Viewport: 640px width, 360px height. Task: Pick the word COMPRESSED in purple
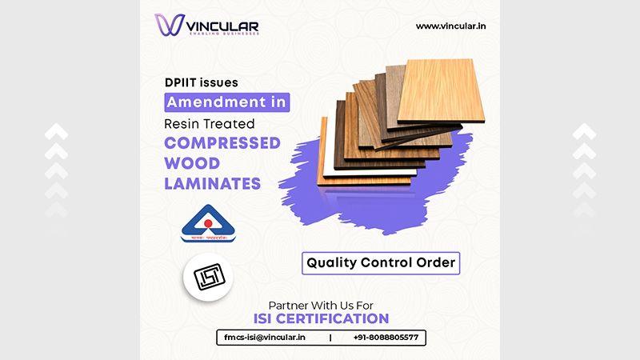click(x=222, y=145)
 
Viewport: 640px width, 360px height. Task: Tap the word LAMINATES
click(x=212, y=183)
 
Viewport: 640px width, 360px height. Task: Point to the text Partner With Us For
click(x=321, y=304)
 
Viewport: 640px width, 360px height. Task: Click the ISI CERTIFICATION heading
click(x=321, y=320)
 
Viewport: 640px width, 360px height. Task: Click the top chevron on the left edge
click(x=57, y=130)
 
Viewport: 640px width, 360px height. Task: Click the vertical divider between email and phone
click(x=330, y=338)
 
